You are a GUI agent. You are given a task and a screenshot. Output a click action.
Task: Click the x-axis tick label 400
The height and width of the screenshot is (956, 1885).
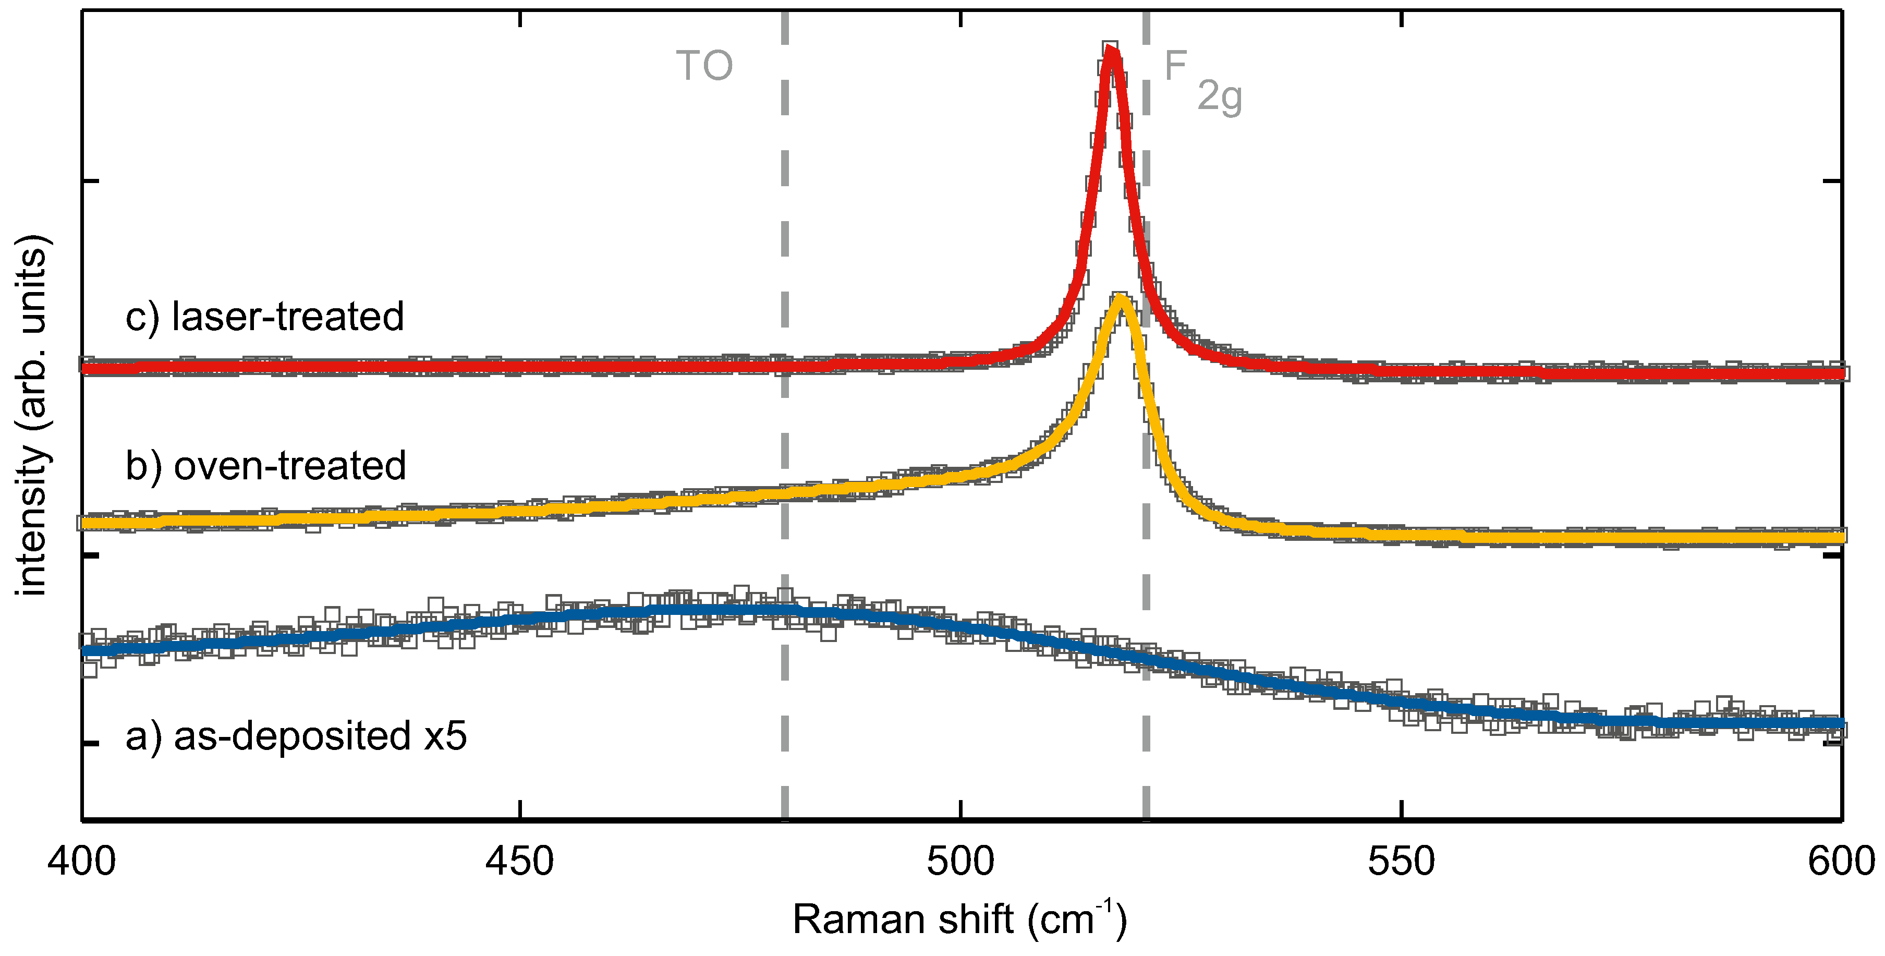point(81,862)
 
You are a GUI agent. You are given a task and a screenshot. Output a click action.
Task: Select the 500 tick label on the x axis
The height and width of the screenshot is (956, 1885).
point(960,862)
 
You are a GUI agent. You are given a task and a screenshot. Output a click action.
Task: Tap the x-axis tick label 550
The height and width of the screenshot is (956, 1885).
point(1401,862)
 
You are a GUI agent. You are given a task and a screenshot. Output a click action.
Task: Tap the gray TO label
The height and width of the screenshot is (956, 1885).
point(704,66)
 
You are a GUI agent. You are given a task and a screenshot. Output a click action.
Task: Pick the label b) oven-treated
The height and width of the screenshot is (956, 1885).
point(265,466)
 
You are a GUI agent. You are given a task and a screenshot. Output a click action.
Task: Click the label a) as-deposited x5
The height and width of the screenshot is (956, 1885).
point(296,736)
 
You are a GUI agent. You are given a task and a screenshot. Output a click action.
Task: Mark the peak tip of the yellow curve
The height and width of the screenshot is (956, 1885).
point(1121,297)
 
